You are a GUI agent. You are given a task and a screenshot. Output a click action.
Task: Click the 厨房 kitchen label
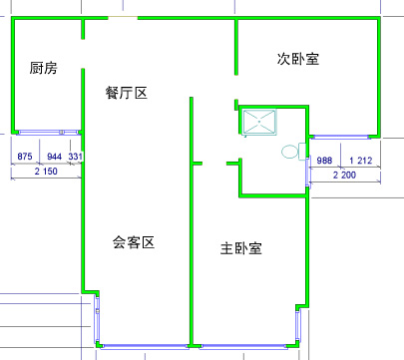43,68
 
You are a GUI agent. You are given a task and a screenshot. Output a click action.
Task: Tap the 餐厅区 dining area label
126,93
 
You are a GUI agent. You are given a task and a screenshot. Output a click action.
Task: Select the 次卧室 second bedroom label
298,59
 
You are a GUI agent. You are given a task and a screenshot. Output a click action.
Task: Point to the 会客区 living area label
134,242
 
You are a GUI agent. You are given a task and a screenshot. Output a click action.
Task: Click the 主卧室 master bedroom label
241,248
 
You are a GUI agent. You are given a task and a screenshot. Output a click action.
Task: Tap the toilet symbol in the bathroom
293,152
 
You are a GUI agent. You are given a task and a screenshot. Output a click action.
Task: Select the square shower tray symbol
259,122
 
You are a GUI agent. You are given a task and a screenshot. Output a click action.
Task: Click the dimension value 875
25,156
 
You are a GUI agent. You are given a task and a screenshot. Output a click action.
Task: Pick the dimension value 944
54,156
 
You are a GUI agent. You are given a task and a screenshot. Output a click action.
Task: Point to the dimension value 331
76,156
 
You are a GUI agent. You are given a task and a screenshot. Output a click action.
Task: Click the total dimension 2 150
46,172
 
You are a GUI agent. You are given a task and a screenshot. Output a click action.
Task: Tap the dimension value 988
324,161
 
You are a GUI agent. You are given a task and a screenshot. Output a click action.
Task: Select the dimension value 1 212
361,161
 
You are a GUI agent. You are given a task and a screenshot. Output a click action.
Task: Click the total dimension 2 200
344,175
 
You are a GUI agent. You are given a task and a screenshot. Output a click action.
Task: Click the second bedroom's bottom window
340,137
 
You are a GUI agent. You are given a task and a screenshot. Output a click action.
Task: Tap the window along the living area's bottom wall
145,347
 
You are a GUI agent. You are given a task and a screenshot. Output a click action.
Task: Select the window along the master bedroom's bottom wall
243,347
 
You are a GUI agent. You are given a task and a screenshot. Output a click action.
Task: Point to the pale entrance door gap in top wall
123,17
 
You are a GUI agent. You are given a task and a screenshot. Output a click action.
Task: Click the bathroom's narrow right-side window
307,172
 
